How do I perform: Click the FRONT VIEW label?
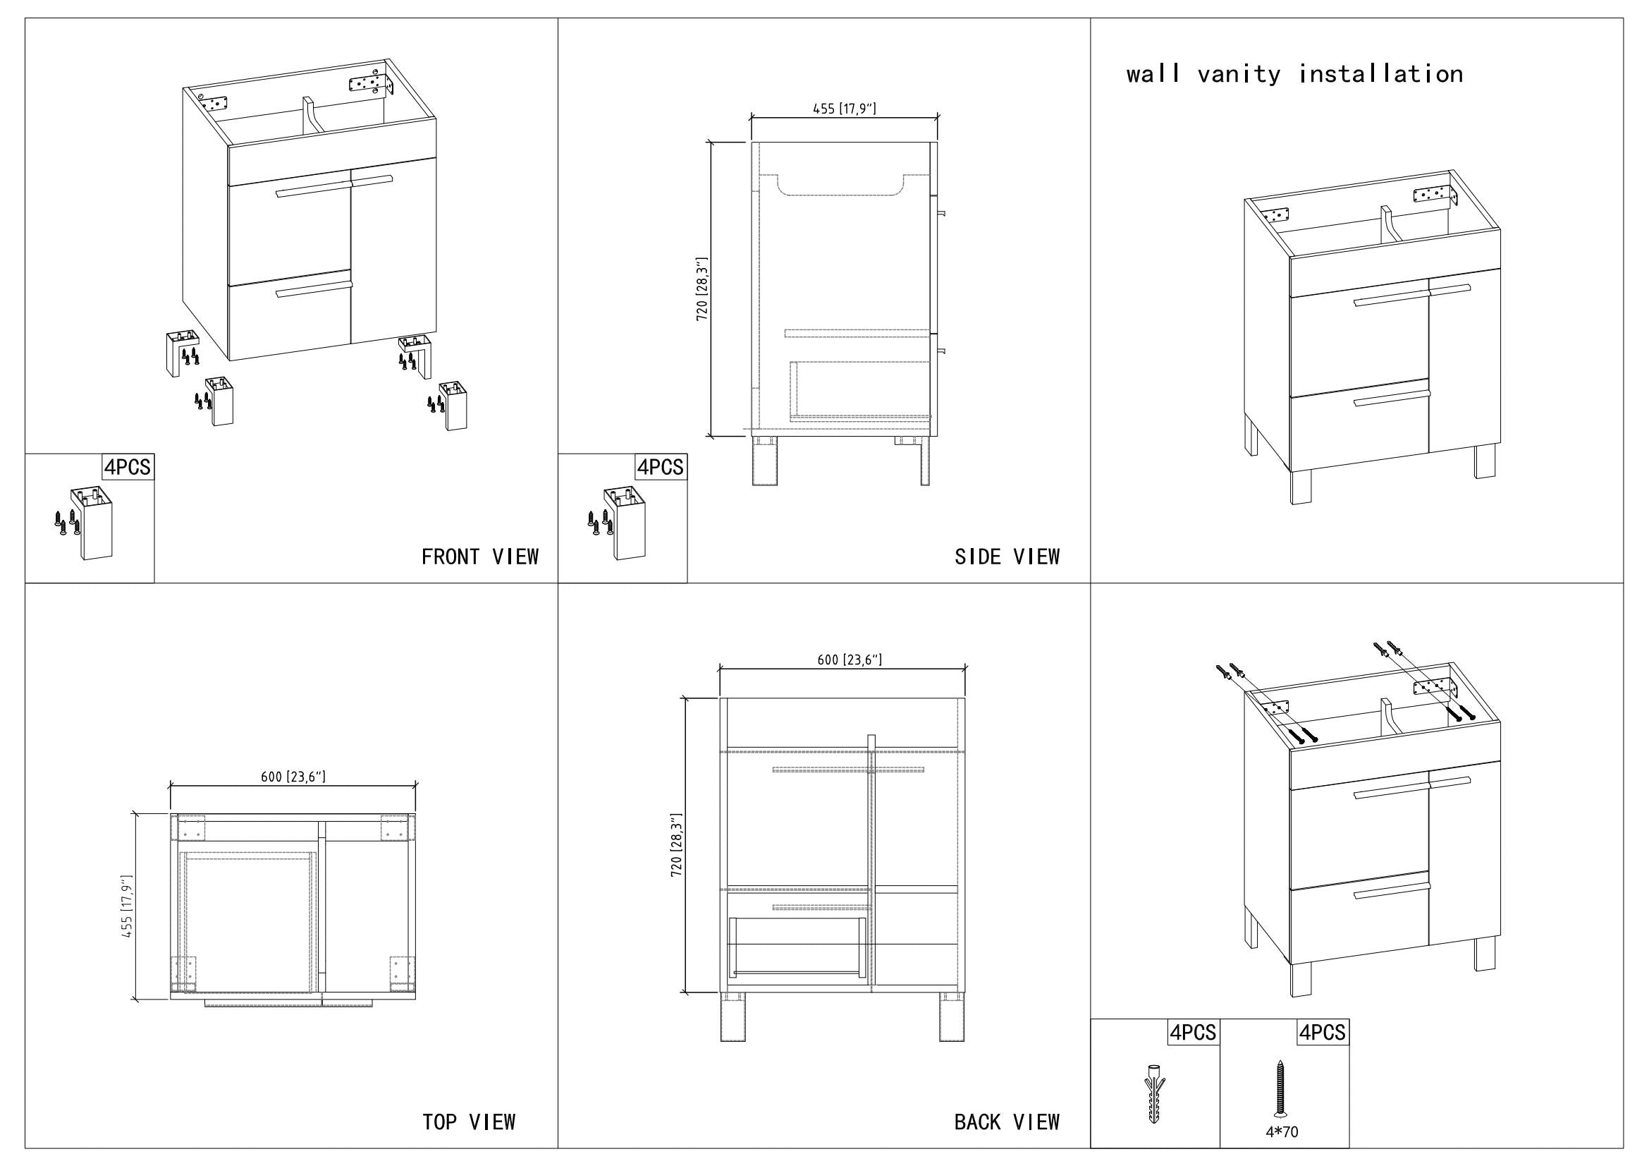coord(480,557)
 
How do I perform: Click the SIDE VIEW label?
coord(1007,557)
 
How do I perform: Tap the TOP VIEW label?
coord(469,1122)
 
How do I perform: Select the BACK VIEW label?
coord(1007,1122)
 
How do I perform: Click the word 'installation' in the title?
coord(1380,74)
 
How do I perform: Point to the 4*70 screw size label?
coord(1282,1132)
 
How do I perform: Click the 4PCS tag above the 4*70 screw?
coord(1322,1033)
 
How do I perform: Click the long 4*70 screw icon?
coord(1279,1088)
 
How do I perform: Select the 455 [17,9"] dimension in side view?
coord(844,109)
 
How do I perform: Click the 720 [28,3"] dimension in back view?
coord(676,845)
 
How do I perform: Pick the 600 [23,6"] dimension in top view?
coord(293,777)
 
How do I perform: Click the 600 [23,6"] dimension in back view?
coord(850,660)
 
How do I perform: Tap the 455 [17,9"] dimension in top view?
coord(127,906)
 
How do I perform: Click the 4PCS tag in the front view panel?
coord(128,468)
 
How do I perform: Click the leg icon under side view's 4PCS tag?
coord(624,523)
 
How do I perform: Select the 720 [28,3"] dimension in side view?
coord(701,289)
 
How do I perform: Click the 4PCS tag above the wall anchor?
coord(1193,1033)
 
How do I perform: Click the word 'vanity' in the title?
coord(1239,74)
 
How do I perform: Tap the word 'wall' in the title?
coord(1153,74)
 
